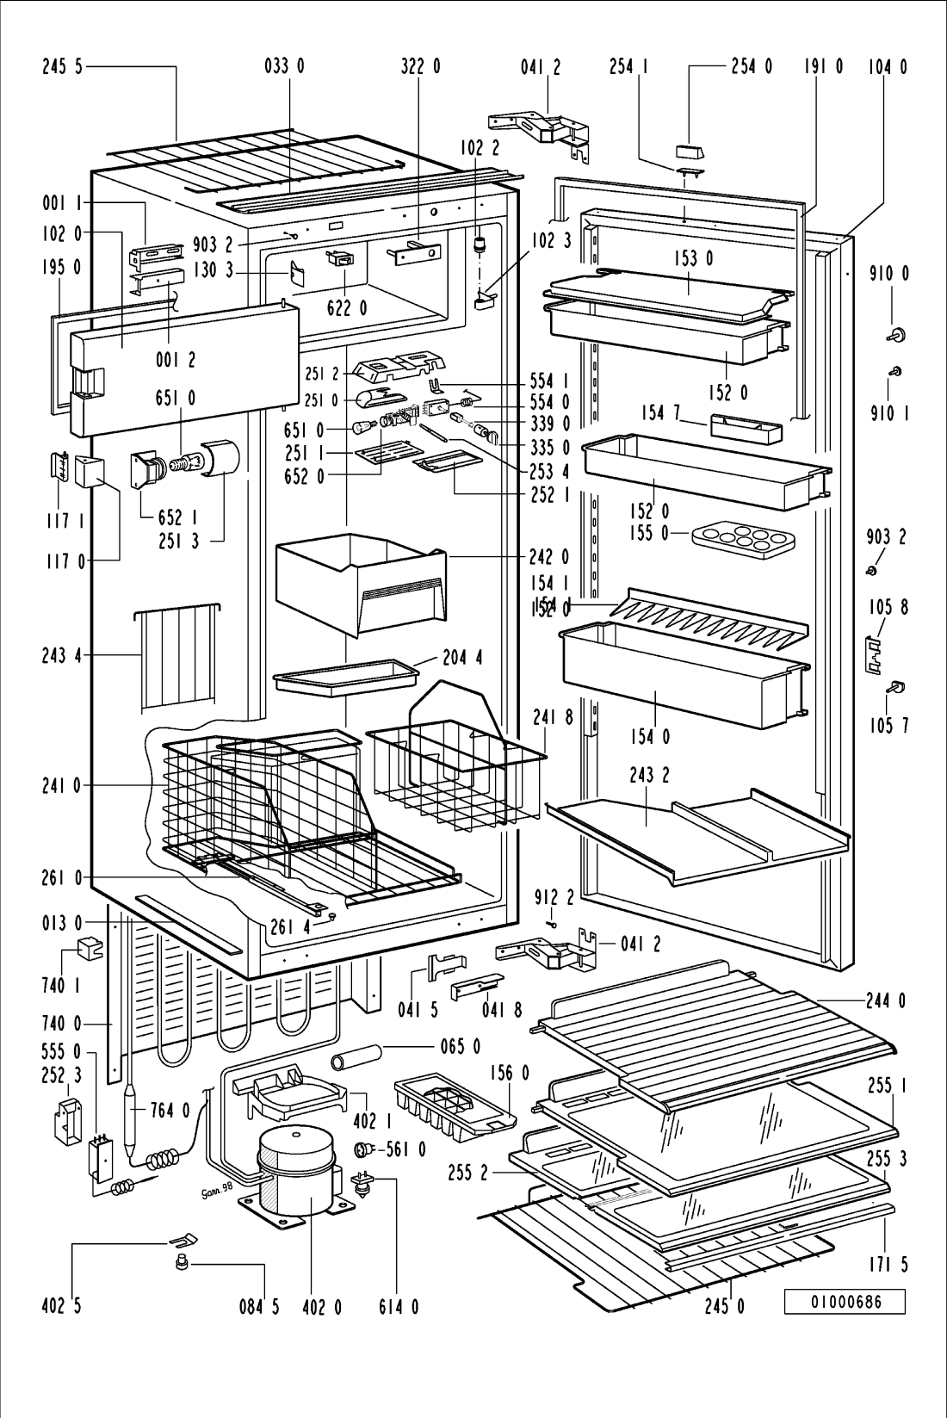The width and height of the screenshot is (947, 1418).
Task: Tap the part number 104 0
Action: [886, 66]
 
